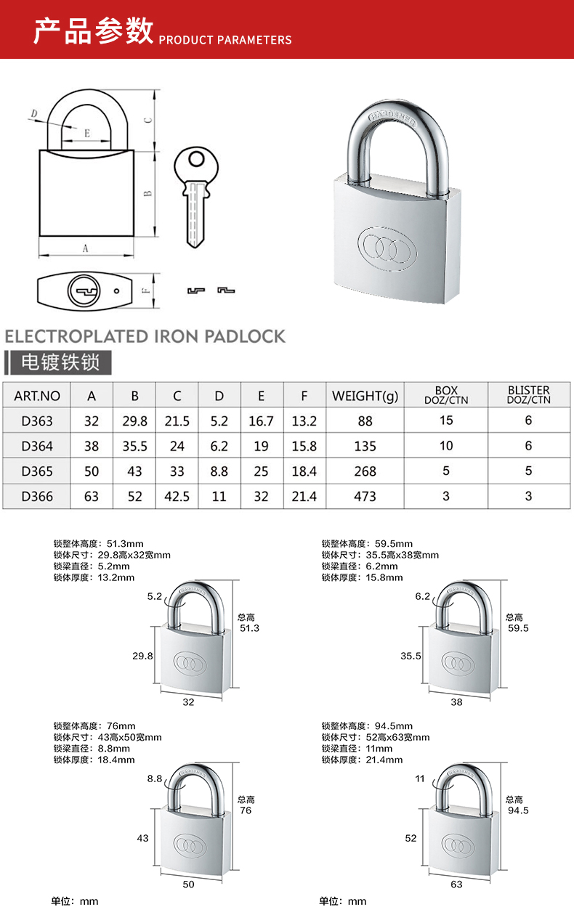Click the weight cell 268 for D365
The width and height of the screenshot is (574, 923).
click(365, 471)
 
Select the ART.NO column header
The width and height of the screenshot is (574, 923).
click(37, 396)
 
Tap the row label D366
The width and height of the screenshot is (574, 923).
click(37, 496)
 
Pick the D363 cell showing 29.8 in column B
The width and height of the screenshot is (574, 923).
click(134, 420)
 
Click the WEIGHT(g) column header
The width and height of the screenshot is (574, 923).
click(365, 396)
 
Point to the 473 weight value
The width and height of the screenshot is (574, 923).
click(365, 496)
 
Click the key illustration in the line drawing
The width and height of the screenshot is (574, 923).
click(194, 197)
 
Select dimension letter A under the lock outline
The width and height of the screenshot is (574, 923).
click(85, 248)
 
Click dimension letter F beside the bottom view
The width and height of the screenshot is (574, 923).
click(145, 290)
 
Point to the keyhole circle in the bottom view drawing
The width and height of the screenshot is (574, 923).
click(81, 291)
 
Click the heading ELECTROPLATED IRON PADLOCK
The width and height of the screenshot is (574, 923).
click(145, 336)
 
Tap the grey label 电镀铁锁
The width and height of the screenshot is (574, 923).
click(61, 362)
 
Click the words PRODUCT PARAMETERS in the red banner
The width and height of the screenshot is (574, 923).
click(225, 40)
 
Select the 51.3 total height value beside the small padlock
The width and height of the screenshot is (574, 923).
click(249, 628)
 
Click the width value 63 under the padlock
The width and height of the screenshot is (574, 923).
click(456, 884)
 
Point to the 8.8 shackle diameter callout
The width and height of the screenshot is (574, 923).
click(155, 778)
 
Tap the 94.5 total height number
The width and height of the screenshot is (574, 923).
click(518, 810)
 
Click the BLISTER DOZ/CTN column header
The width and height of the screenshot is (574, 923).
click(528, 395)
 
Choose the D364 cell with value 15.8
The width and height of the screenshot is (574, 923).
click(304, 446)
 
